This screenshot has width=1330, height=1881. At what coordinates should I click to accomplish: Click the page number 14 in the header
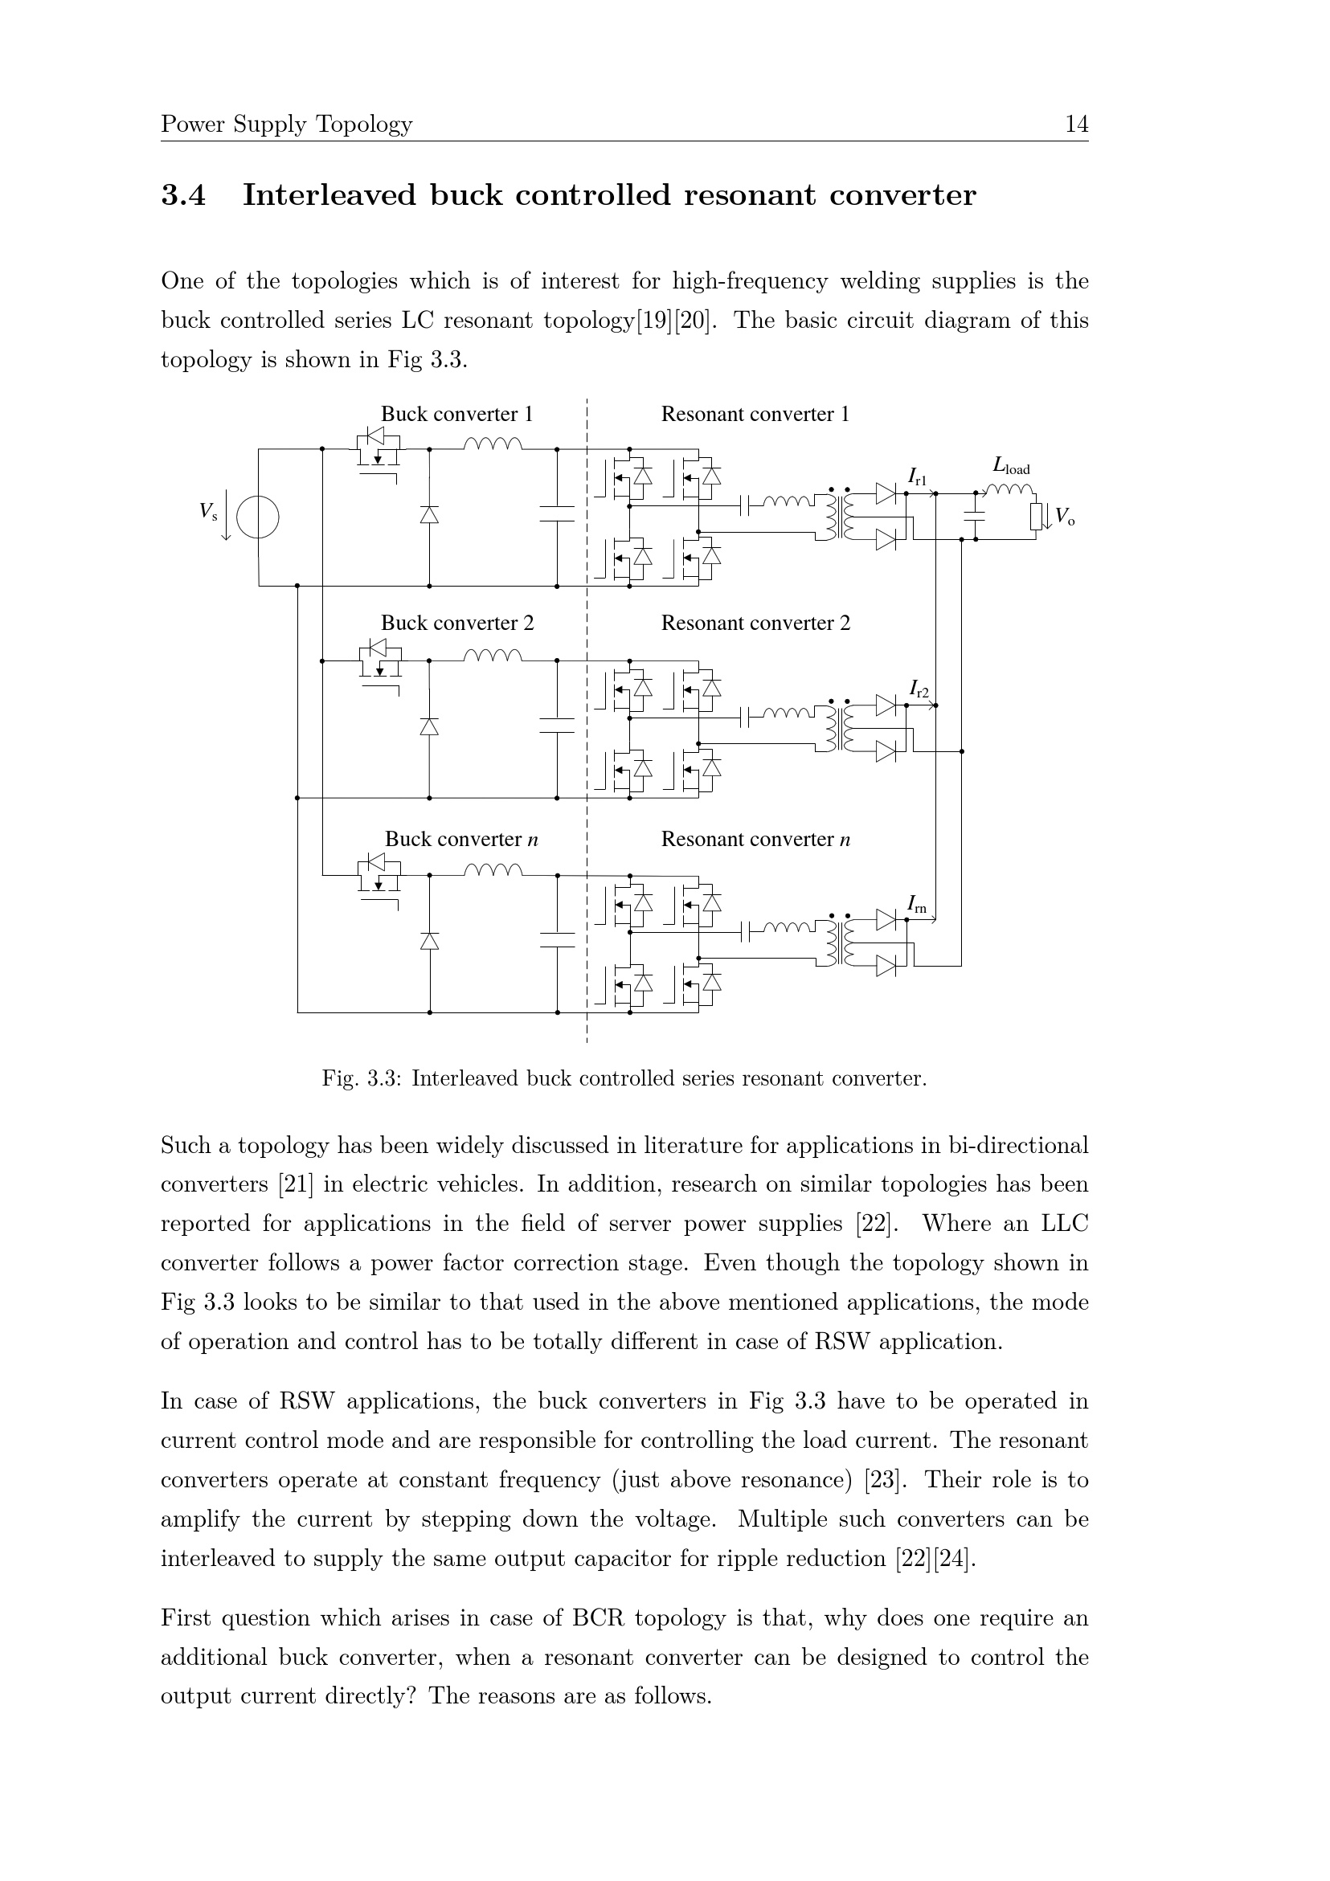pyautogui.click(x=1076, y=125)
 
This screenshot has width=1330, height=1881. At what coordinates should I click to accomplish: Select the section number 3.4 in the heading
pyautogui.click(x=183, y=196)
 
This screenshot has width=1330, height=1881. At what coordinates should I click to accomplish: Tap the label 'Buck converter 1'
pyautogui.click(x=456, y=415)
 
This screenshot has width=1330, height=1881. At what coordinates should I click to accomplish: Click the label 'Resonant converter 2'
pyautogui.click(x=755, y=624)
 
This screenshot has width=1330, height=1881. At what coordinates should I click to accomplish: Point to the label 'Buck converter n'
pyautogui.click(x=461, y=840)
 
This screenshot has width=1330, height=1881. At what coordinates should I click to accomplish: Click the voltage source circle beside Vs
pyautogui.click(x=257, y=517)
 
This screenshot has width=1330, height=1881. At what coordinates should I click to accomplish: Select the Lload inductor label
pyautogui.click(x=1010, y=467)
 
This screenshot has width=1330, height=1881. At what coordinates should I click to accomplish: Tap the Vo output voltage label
pyautogui.click(x=1064, y=517)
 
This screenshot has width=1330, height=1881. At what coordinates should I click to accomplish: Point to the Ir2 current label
pyautogui.click(x=919, y=689)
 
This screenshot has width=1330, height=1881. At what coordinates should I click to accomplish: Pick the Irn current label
pyautogui.click(x=916, y=905)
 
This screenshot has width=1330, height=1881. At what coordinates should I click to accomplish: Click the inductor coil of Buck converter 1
pyautogui.click(x=493, y=444)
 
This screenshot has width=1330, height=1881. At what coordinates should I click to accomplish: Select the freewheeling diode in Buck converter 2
pyautogui.click(x=429, y=726)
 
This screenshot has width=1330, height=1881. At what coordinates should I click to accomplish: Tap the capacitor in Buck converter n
pyautogui.click(x=557, y=938)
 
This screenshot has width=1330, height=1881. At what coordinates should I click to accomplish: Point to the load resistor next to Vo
pyautogui.click(x=1037, y=517)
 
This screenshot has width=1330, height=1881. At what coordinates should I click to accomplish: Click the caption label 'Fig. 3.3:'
pyautogui.click(x=362, y=1079)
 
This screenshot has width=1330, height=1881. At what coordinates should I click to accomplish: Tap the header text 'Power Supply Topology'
pyautogui.click(x=287, y=125)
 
